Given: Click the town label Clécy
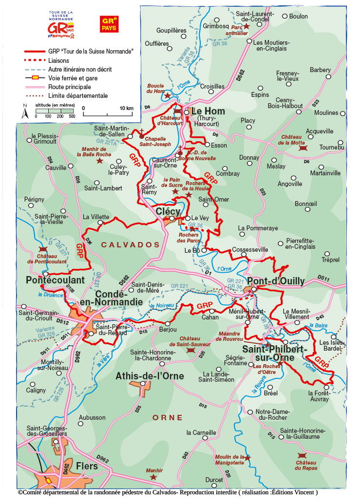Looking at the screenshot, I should (x=168, y=211).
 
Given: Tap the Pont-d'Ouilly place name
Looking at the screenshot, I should (x=276, y=281).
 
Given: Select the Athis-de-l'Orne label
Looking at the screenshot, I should (x=150, y=376).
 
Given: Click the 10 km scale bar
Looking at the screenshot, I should (x=108, y=114).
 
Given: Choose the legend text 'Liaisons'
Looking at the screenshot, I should (x=59, y=60).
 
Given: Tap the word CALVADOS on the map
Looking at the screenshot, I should (x=130, y=244).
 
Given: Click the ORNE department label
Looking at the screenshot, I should (x=168, y=418).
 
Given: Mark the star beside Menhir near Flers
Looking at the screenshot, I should (x=154, y=477).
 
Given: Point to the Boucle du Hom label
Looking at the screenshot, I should (x=155, y=88).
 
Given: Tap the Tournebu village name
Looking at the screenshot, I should (x=332, y=147).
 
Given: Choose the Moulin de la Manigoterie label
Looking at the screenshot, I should (x=229, y=460).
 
